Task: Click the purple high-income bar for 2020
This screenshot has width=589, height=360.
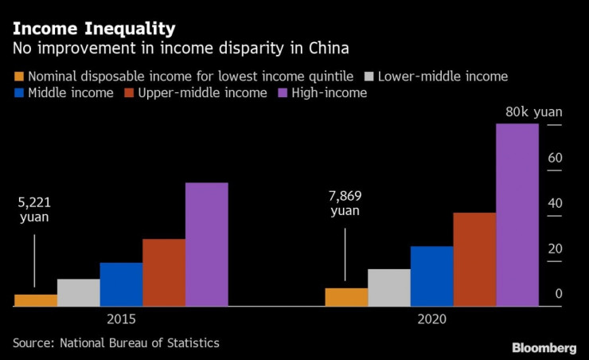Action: coord(517,215)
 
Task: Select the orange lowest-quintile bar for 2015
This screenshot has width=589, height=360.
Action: coord(36,300)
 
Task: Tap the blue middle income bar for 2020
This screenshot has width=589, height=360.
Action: coord(431,276)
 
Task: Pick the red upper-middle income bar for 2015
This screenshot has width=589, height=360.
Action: coord(164,272)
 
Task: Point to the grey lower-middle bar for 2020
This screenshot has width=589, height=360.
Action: coord(388,288)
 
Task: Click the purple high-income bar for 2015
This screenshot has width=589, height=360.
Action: coord(206,245)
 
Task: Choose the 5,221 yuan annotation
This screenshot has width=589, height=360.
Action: coord(34,209)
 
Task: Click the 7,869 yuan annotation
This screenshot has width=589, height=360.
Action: coord(345,203)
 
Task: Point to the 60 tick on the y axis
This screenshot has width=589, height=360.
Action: coord(555,158)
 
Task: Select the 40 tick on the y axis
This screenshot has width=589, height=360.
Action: coord(555,203)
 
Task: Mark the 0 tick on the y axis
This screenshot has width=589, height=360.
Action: coord(559,294)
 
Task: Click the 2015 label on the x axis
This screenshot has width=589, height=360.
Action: coord(121,319)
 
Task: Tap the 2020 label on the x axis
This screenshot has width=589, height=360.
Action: coord(431,319)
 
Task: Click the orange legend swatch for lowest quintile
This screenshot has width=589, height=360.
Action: coord(19,77)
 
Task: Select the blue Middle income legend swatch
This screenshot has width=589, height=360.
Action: coord(19,93)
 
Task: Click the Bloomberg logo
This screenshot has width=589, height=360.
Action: coord(544,348)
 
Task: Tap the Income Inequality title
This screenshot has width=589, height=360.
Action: coord(93,29)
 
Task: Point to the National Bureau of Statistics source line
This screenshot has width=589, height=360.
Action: coord(115,342)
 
